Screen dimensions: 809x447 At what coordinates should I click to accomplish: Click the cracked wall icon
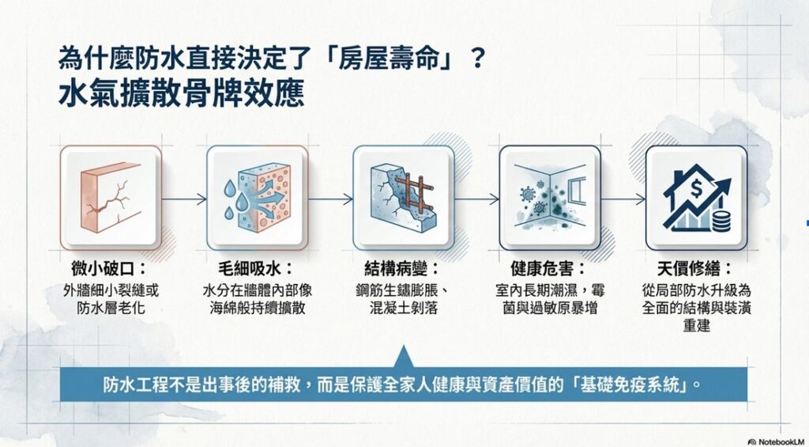[x=111, y=198]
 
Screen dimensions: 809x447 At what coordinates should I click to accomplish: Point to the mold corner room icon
[x=550, y=196]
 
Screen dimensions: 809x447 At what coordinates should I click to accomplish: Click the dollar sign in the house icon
[x=696, y=191]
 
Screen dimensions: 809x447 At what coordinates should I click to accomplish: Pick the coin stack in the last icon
[x=721, y=220]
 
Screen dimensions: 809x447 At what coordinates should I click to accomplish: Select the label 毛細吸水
[x=253, y=269]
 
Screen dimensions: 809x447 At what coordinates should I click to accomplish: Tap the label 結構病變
[x=400, y=269]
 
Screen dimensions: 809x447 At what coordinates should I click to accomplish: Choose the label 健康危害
[x=546, y=269]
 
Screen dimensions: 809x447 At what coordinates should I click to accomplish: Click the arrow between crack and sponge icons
[x=184, y=199]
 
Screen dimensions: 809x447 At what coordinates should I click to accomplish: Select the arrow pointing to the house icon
[x=623, y=199]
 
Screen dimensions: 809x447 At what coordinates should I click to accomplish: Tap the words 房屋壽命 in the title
[x=392, y=59]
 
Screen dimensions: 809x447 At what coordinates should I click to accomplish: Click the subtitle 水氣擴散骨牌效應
[x=181, y=93]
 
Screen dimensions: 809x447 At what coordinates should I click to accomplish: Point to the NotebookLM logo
[x=777, y=441]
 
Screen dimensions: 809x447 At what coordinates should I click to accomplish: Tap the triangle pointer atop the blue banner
[x=403, y=358]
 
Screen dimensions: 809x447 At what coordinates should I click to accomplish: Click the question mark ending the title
[x=477, y=59]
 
